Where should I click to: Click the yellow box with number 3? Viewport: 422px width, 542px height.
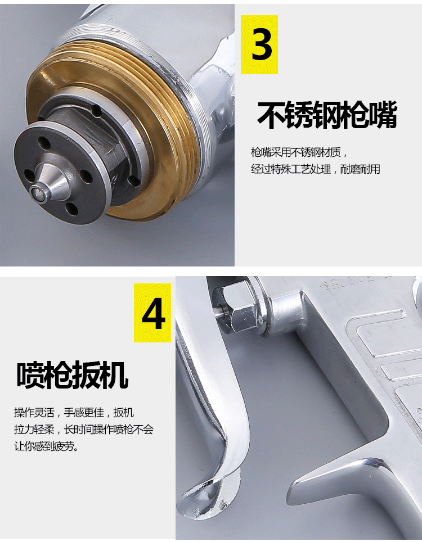pyautogui.click(x=259, y=44)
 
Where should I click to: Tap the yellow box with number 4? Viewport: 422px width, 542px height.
pyautogui.click(x=152, y=313)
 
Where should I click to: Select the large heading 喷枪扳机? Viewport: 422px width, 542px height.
pyautogui.click(x=72, y=375)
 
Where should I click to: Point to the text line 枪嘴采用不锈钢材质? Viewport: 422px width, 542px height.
pyautogui.click(x=299, y=152)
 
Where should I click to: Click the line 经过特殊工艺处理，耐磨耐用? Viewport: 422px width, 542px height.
pyautogui.click(x=316, y=169)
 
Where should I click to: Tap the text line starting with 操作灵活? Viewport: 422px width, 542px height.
pyautogui.click(x=74, y=412)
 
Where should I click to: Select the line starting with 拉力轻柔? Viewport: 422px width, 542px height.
pyautogui.click(x=84, y=430)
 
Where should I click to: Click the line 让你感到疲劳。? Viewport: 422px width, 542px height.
pyautogui.click(x=46, y=446)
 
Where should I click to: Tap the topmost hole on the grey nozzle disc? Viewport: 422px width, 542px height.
pyautogui.click(x=44, y=142)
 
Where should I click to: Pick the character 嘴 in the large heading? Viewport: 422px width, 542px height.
pyautogui.click(x=383, y=115)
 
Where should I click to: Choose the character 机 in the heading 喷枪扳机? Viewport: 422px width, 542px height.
pyautogui.click(x=115, y=375)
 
